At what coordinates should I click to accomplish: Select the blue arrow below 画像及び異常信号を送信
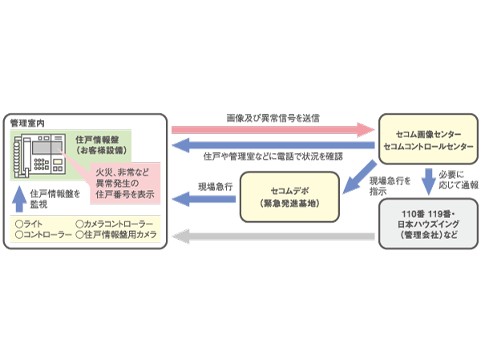(273, 145)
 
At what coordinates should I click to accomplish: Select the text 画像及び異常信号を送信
(273, 117)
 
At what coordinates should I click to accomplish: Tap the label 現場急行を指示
(390, 187)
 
